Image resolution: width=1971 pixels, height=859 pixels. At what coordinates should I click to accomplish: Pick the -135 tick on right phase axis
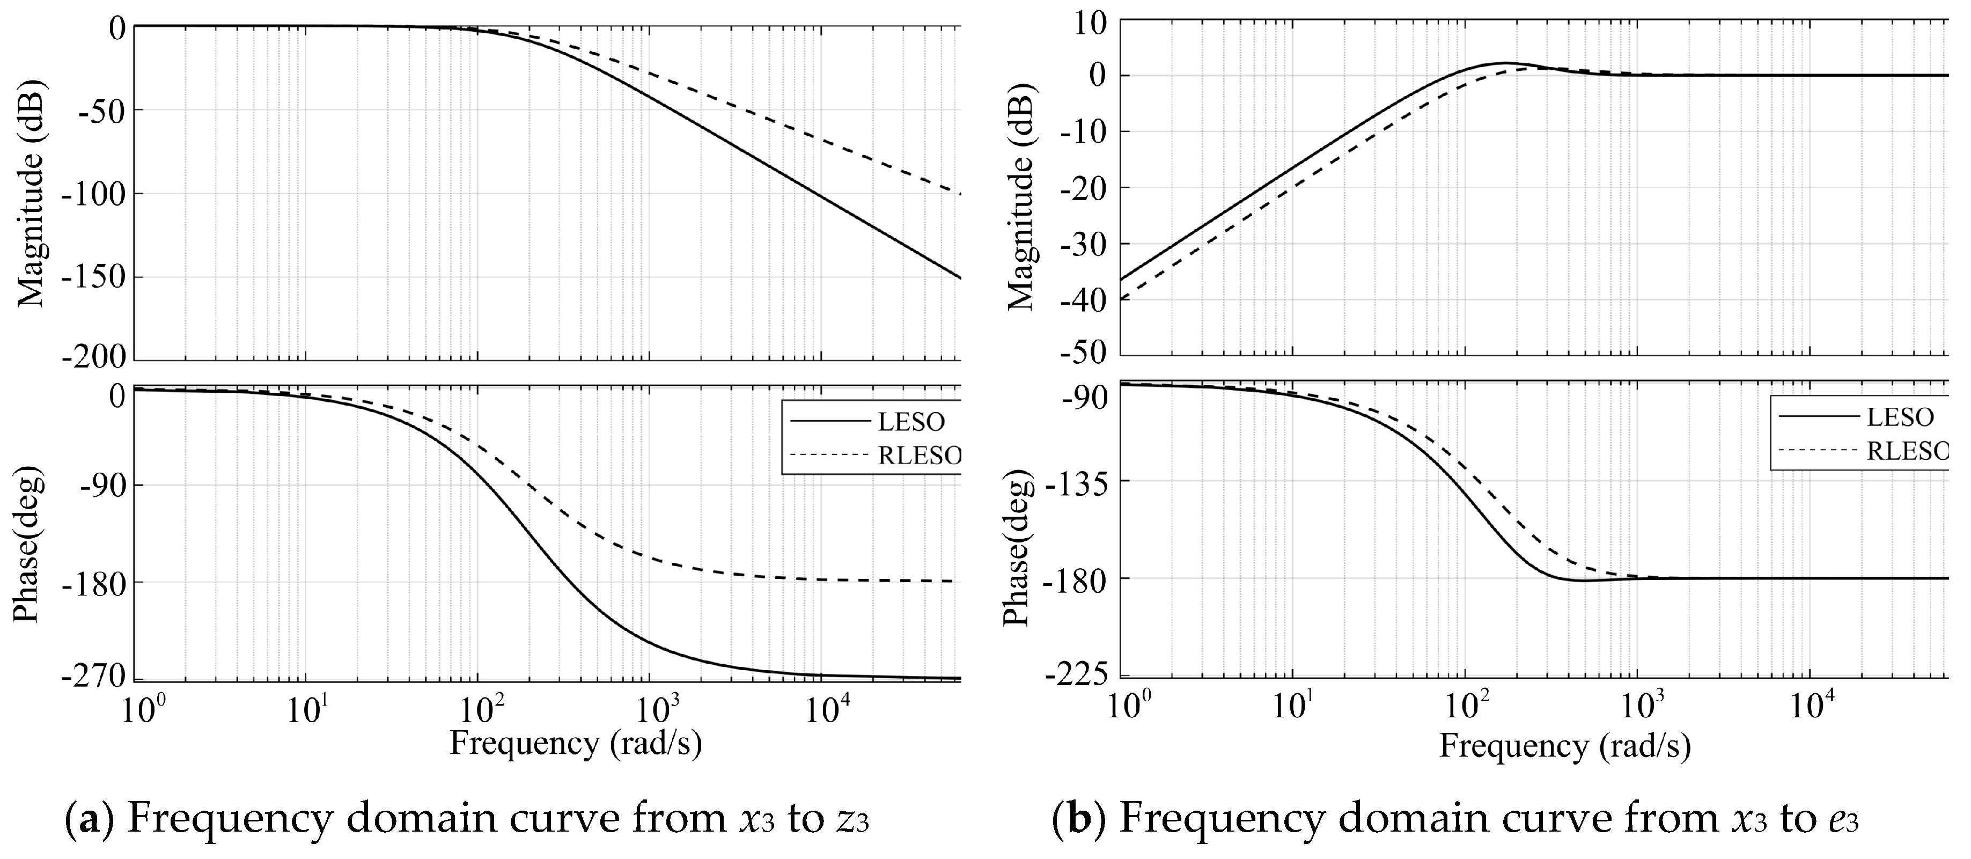click(x=1081, y=481)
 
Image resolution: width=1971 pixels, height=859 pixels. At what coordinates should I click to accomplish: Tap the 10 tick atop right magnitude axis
click(x=1090, y=23)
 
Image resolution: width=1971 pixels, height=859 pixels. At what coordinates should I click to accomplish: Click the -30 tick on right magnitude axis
click(x=1085, y=243)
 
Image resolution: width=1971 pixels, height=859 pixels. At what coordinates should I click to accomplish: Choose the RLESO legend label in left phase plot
click(x=919, y=456)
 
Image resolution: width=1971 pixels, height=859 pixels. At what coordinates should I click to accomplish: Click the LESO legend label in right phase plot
click(x=1900, y=417)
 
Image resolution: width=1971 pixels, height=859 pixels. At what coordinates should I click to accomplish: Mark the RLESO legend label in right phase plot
click(x=1908, y=451)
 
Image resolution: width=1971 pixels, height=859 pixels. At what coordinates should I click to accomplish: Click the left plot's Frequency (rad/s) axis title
click(x=576, y=744)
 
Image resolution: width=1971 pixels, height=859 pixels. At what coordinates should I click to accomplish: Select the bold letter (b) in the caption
click(x=1079, y=820)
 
